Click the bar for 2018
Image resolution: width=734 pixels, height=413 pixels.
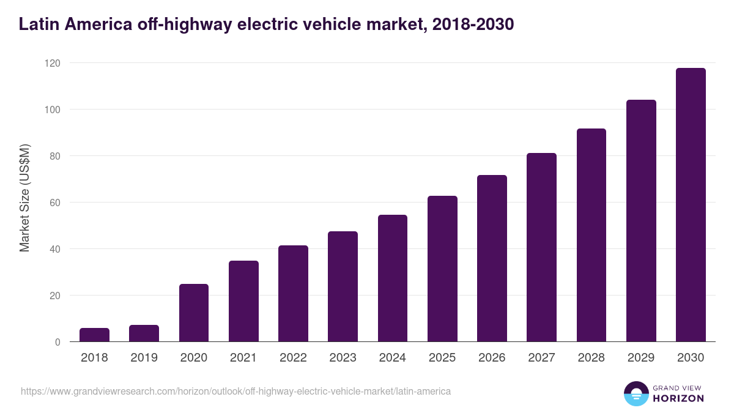94,335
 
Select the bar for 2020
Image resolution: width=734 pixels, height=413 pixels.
194,313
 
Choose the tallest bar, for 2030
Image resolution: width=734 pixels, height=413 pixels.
691,205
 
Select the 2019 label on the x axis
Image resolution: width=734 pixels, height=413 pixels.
144,358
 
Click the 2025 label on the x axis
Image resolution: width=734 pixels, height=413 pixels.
442,358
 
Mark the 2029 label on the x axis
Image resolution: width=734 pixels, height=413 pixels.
641,358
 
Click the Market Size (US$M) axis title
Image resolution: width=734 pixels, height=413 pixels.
24,198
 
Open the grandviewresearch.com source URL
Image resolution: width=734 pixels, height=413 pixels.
235,391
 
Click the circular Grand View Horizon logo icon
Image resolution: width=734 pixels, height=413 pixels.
636,393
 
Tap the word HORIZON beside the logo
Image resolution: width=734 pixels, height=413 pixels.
678,398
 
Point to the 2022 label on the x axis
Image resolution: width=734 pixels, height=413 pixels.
293,358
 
